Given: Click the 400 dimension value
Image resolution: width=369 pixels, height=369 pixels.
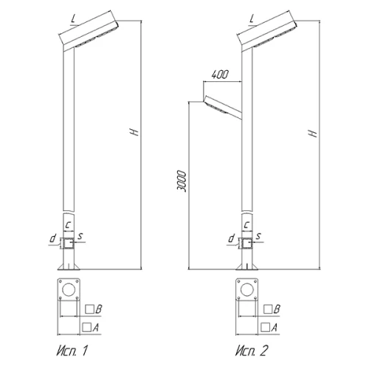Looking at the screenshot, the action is [x=220, y=75].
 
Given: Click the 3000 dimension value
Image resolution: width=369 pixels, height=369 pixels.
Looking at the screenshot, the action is [x=182, y=181].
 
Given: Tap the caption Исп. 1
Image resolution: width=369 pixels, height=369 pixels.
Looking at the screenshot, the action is [x=72, y=351].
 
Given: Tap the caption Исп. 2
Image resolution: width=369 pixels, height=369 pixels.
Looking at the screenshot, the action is [x=251, y=351].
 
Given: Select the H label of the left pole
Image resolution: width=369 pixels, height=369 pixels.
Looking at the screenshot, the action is [x=134, y=132].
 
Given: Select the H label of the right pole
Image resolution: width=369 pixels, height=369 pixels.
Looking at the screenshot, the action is [x=313, y=133].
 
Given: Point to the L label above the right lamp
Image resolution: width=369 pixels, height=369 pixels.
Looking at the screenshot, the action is [x=252, y=18].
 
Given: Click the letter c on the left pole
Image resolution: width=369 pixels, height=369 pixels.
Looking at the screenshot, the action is [x=69, y=224].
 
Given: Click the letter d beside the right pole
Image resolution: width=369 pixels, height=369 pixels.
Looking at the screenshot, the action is [x=231, y=238].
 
